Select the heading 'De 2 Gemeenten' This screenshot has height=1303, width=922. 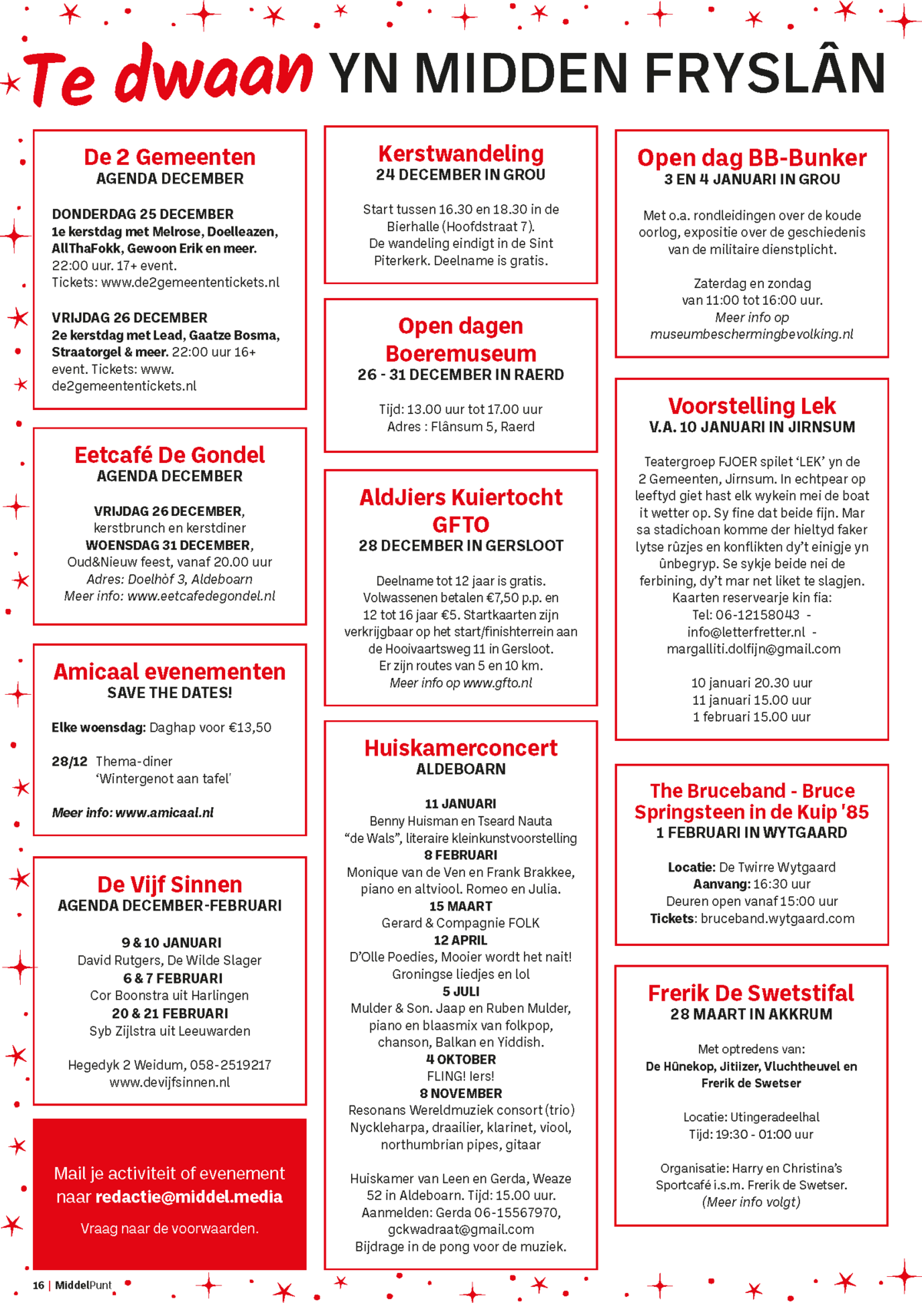click(170, 157)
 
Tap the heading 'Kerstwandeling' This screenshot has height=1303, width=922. click(461, 154)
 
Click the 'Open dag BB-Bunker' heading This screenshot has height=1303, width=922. click(751, 158)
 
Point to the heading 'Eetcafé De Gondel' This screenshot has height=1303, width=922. click(170, 455)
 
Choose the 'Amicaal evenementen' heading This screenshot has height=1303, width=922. click(170, 672)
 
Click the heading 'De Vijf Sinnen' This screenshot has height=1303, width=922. click(170, 885)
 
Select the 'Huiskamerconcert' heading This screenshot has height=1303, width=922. click(461, 748)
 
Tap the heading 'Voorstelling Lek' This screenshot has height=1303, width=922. click(751, 406)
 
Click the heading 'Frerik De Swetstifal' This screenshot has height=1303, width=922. click(751, 994)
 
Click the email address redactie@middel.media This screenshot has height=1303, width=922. click(189, 1197)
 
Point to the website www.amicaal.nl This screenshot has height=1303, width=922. click(164, 812)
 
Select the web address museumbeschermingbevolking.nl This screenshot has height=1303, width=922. click(751, 335)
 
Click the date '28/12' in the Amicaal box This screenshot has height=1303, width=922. click(70, 762)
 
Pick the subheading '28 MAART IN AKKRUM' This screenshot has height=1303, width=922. click(751, 1014)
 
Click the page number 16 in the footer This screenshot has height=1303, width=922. click(38, 1285)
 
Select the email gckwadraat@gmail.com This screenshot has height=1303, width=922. click(461, 1229)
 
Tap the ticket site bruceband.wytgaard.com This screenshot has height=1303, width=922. click(777, 918)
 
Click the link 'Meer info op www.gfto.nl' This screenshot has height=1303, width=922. click(461, 683)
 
